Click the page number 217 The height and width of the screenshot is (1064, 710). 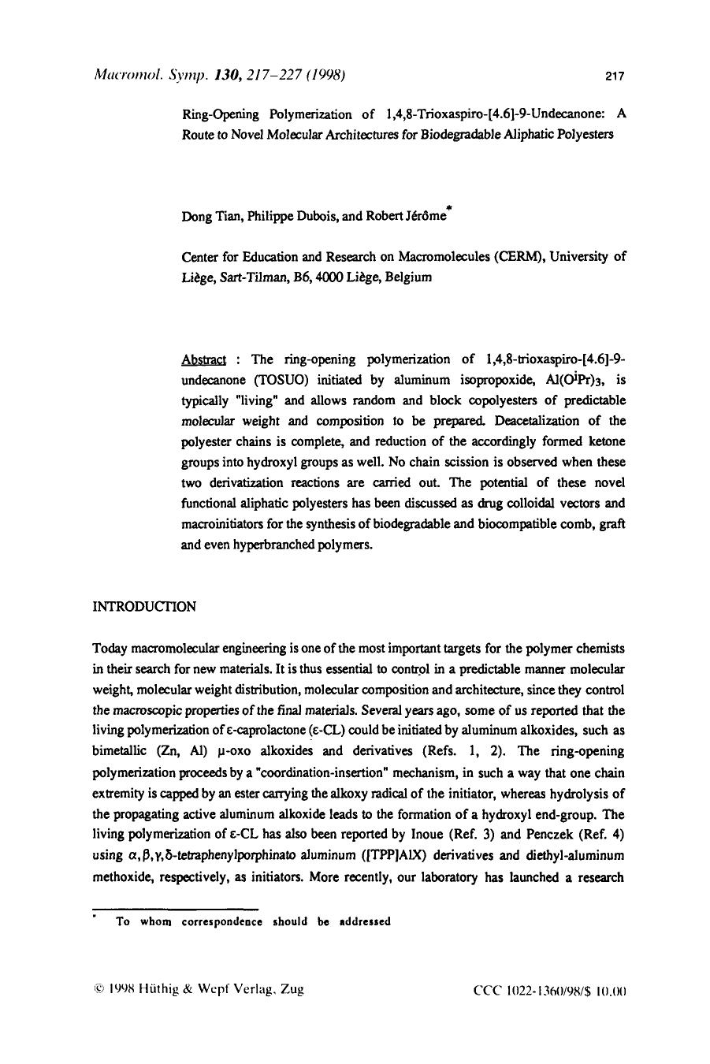pyautogui.click(x=615, y=76)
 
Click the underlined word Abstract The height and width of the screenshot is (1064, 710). pyautogui.click(x=203, y=359)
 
